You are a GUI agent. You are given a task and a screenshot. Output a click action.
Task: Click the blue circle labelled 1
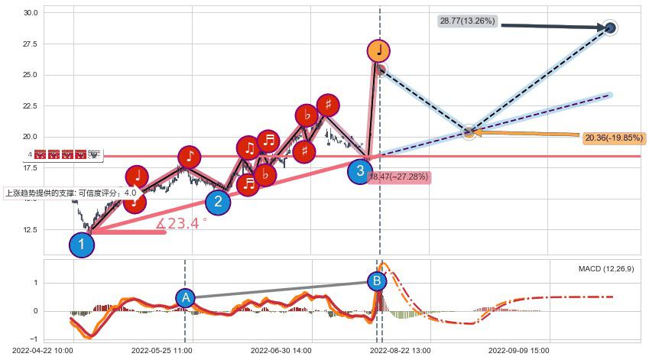click(x=82, y=245)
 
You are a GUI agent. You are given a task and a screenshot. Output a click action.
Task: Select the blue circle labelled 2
click(x=218, y=202)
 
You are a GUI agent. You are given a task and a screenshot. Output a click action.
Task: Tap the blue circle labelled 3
click(x=360, y=171)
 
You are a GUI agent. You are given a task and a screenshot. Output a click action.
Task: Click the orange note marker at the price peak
click(x=378, y=51)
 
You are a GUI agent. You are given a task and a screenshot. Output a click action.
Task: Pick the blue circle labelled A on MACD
click(x=185, y=298)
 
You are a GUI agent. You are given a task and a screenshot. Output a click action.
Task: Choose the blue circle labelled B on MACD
click(x=377, y=281)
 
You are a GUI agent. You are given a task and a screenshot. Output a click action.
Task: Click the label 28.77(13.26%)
click(x=467, y=21)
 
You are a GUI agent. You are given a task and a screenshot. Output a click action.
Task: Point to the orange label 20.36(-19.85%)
click(x=614, y=138)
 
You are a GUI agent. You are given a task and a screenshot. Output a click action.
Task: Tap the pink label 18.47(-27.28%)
click(x=398, y=177)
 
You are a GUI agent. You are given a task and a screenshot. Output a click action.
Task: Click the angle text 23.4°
click(x=182, y=224)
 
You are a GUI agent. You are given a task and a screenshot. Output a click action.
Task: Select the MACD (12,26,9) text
click(x=605, y=269)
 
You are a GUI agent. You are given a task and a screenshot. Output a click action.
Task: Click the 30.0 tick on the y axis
click(x=31, y=13)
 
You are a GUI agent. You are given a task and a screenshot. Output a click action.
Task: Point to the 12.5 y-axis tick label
click(x=31, y=229)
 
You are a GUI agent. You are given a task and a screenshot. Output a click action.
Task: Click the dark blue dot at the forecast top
click(x=609, y=28)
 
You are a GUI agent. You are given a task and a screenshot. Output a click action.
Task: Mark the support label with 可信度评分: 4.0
click(x=70, y=193)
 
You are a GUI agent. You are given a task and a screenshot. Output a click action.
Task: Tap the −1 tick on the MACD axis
click(x=34, y=339)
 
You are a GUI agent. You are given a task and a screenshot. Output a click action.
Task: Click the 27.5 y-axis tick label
click(x=31, y=44)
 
